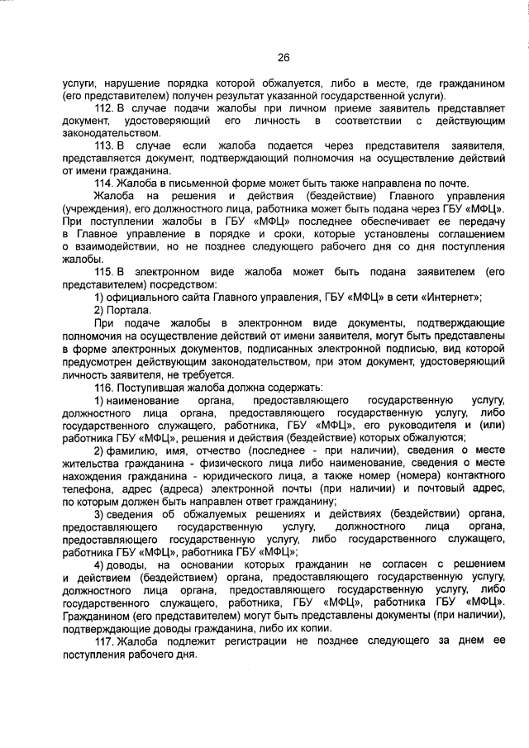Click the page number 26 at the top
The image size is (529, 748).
(x=282, y=58)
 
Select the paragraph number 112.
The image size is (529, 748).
(x=104, y=109)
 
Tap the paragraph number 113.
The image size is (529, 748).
(x=104, y=146)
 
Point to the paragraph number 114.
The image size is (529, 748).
(x=104, y=183)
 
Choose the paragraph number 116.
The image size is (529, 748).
(x=104, y=388)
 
